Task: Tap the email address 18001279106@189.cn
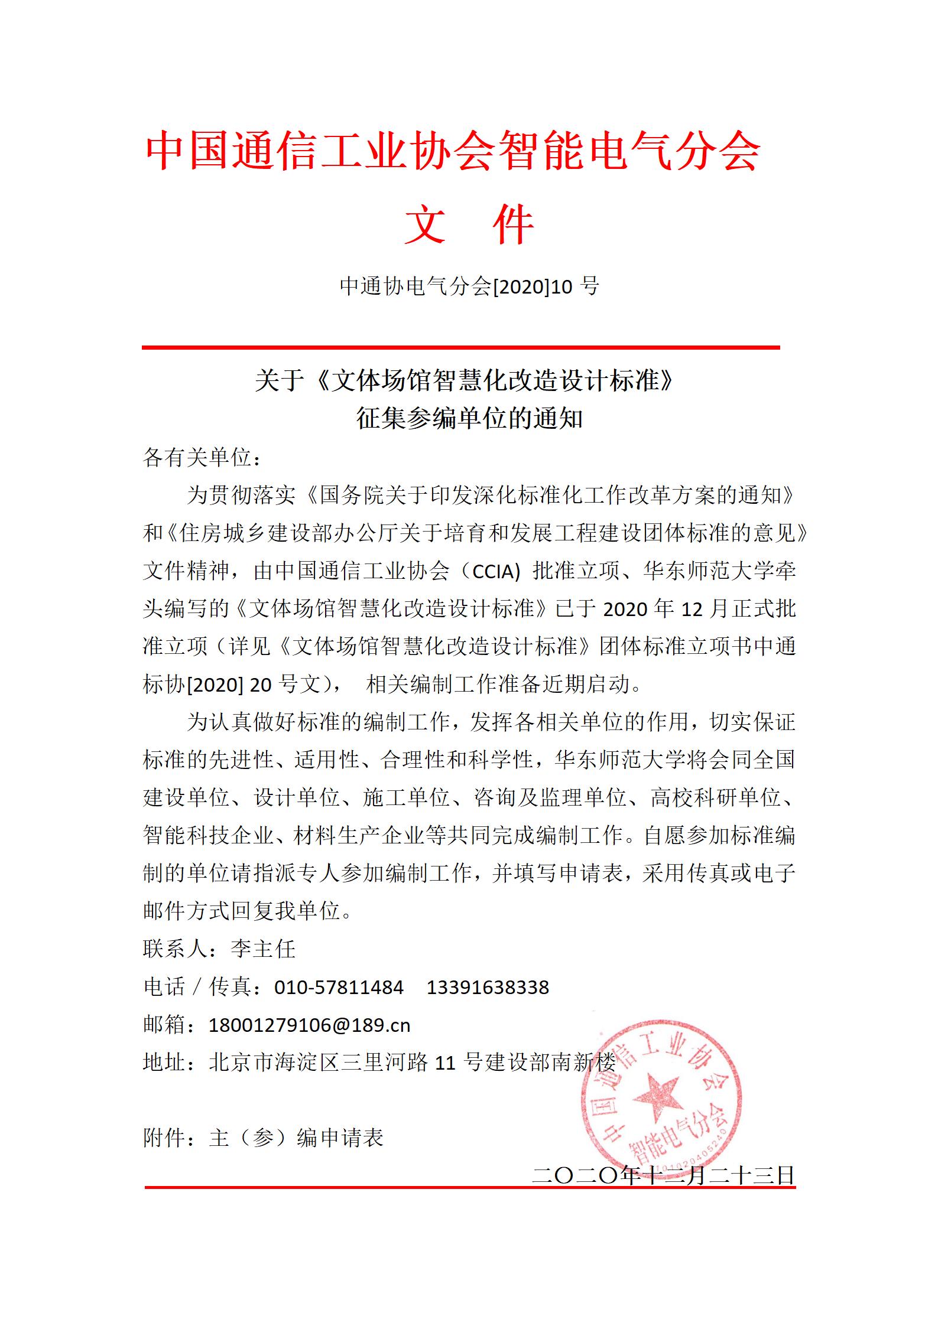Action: pos(309,1025)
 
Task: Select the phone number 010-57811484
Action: pos(339,987)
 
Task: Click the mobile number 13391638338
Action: pos(488,987)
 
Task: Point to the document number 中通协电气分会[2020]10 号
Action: pos(469,286)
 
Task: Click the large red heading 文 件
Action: pos(469,224)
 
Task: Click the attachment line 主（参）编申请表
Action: pos(296,1138)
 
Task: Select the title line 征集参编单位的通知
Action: pos(469,419)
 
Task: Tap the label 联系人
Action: pos(175,949)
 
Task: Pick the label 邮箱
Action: pos(164,1025)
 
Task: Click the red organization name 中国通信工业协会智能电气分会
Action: pos(453,151)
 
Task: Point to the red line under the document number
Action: pos(460,348)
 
